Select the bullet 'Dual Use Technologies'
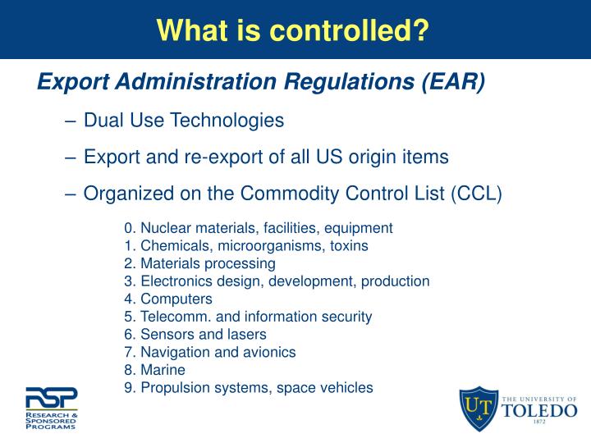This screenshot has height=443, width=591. point(184,121)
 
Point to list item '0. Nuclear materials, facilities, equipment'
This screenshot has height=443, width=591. point(259,228)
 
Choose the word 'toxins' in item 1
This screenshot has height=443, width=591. point(346,246)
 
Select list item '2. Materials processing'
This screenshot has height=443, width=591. point(199,264)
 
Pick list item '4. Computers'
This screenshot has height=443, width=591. point(168,299)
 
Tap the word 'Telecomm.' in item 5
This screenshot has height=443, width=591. point(172,317)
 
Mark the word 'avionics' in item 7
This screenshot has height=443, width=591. point(269,352)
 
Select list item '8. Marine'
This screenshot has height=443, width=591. point(155,370)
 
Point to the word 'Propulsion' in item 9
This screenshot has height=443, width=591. point(173,388)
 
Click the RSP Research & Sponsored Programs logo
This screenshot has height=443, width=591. point(50,408)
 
